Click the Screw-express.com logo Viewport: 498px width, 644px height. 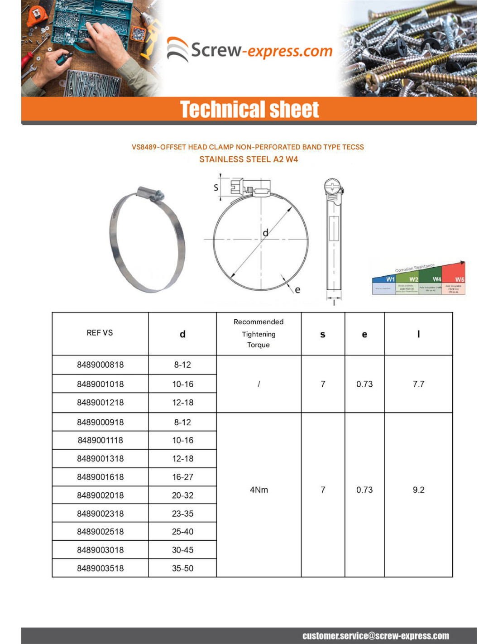(x=250, y=50)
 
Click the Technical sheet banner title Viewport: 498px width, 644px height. (x=249, y=110)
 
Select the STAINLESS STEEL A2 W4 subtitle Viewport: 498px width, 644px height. (x=249, y=159)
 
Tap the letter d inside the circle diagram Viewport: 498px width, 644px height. (x=266, y=233)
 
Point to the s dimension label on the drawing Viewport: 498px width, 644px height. (x=216, y=187)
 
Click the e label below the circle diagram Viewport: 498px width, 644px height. (x=297, y=290)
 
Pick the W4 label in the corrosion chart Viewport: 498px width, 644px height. (x=436, y=279)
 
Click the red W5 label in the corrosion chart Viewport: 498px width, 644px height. (x=460, y=279)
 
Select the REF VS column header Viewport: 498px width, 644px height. (x=100, y=333)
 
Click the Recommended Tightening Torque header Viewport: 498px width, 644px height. (x=259, y=333)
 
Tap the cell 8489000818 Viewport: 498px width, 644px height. (x=100, y=365)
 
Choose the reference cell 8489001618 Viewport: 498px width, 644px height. (x=100, y=477)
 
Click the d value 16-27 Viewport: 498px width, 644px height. (x=182, y=477)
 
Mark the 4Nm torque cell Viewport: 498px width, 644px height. (x=259, y=490)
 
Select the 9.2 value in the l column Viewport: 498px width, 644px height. (x=418, y=490)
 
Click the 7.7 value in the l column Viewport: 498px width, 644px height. (x=418, y=384)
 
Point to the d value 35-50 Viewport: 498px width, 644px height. (x=182, y=568)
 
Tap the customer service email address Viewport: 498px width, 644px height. (x=376, y=636)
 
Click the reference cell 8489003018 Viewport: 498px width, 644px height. (x=100, y=550)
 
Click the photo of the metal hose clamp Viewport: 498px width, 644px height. (x=147, y=239)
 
